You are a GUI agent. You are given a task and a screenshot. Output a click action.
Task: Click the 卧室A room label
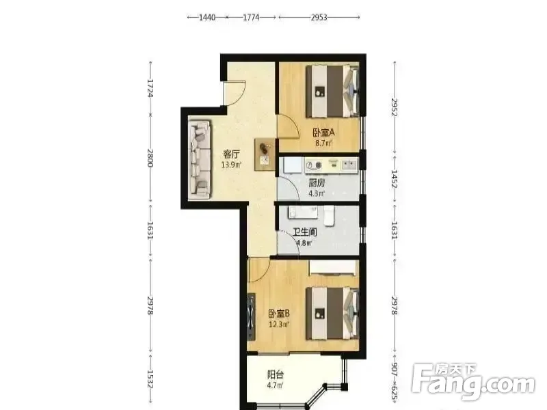(x=323, y=133)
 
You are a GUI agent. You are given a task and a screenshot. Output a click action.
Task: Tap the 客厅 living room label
(x=231, y=154)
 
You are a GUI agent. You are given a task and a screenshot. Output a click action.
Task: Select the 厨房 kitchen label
(x=317, y=182)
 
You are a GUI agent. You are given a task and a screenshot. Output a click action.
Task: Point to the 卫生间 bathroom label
(x=304, y=232)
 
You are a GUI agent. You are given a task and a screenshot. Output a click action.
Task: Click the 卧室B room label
(x=279, y=314)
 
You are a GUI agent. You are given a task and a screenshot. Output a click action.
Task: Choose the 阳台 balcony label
(x=276, y=374)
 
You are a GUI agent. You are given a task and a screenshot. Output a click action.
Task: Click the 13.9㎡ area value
(x=231, y=165)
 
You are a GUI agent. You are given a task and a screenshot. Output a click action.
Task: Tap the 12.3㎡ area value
(x=279, y=325)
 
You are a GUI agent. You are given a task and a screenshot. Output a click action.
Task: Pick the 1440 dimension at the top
(x=207, y=17)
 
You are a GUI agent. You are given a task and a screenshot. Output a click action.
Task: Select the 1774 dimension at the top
(x=251, y=17)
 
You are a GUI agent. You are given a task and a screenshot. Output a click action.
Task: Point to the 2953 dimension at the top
(x=319, y=17)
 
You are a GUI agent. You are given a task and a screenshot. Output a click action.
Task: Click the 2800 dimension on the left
(x=150, y=159)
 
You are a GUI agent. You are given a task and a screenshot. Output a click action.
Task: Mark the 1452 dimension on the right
(x=395, y=179)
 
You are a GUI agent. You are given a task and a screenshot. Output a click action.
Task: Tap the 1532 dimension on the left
(x=150, y=379)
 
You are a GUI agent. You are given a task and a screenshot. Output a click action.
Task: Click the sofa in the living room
(x=200, y=160)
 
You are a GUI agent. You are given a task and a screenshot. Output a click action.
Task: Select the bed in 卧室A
(x=332, y=92)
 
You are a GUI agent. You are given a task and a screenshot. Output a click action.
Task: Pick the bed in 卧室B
(x=332, y=314)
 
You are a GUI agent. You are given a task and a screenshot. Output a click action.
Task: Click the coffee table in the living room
(x=265, y=154)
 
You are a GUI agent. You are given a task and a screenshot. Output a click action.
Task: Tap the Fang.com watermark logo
(x=473, y=383)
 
